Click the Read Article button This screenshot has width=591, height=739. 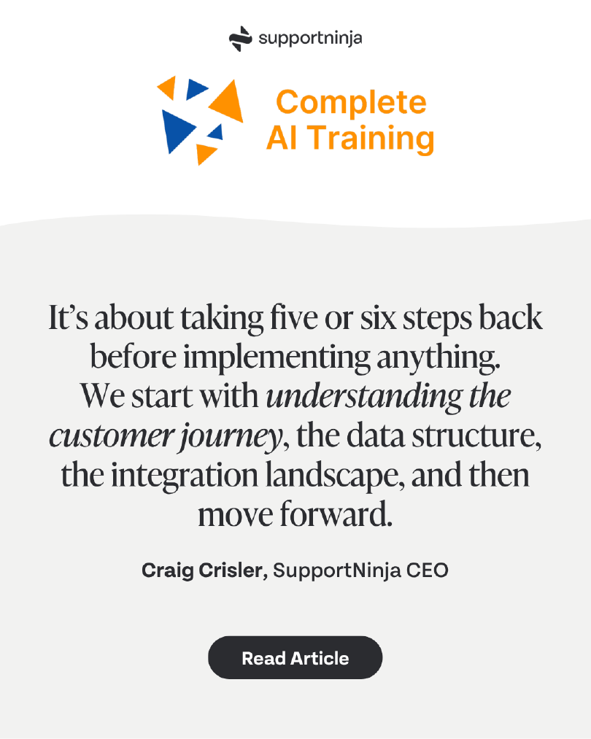(295, 658)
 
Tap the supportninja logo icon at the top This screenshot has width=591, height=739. (240, 38)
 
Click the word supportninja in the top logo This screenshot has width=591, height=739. (309, 38)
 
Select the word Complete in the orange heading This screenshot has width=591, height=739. (352, 103)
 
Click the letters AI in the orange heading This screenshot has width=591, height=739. (281, 138)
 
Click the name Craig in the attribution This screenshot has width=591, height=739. (164, 570)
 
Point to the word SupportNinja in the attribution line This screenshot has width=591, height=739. (336, 570)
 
